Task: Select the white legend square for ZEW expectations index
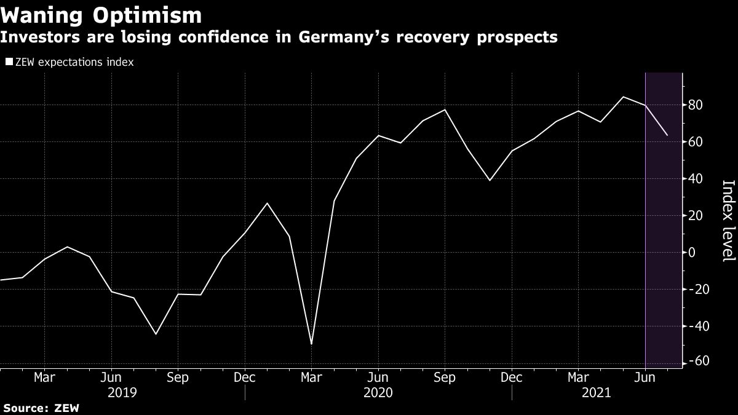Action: [x=9, y=62]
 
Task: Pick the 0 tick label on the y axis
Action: [x=692, y=253]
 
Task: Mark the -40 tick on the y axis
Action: [x=697, y=326]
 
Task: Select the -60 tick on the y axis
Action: [x=697, y=362]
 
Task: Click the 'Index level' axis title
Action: [x=728, y=221]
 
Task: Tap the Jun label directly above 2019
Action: [x=111, y=377]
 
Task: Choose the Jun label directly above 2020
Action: [x=378, y=377]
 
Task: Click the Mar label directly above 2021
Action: [x=578, y=377]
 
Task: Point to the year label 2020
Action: [x=378, y=392]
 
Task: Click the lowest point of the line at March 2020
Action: [x=311, y=344]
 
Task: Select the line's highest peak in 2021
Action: [x=623, y=97]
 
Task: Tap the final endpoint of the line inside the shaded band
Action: [x=668, y=135]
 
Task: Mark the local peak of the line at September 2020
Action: [x=445, y=109]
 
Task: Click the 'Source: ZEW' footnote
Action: [x=40, y=408]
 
